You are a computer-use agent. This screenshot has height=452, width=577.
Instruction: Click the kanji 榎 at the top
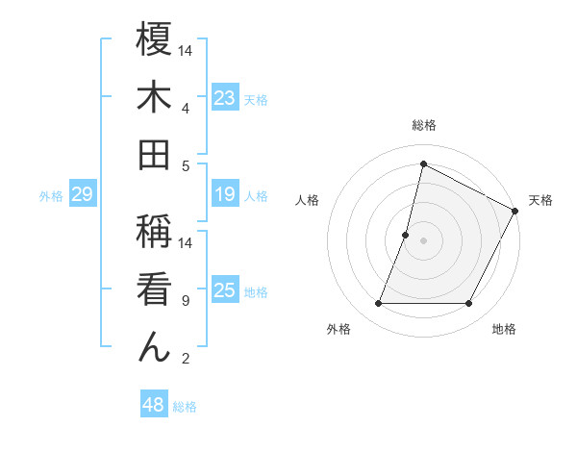coord(154,40)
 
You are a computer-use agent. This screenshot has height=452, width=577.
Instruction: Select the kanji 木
coord(154,97)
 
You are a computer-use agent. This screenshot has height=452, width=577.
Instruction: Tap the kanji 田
coord(154,154)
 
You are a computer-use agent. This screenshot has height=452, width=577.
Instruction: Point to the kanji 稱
coord(154,232)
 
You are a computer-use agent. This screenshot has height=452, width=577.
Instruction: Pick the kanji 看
coord(154,289)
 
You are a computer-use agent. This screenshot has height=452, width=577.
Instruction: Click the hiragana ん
coord(154,346)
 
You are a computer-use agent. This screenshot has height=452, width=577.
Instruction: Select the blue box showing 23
coord(225,98)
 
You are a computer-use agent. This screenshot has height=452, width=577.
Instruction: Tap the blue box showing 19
coord(225,195)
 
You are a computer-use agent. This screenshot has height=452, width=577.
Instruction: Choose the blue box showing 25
coord(225,291)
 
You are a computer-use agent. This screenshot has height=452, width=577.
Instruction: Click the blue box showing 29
coord(82,195)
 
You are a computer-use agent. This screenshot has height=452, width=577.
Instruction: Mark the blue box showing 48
coord(154,405)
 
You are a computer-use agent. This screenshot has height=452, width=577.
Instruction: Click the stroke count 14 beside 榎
coord(187,50)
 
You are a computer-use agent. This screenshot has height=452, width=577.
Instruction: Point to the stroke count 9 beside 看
coord(186,301)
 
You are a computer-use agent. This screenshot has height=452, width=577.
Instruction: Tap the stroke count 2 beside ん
coord(186,359)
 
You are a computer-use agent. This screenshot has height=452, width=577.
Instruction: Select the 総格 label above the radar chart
coord(423,125)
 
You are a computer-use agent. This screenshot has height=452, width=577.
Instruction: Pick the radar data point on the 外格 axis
coord(378,304)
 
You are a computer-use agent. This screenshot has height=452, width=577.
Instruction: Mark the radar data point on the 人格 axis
coord(406,235)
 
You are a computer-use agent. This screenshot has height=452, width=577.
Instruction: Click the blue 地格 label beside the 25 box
coord(256,292)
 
